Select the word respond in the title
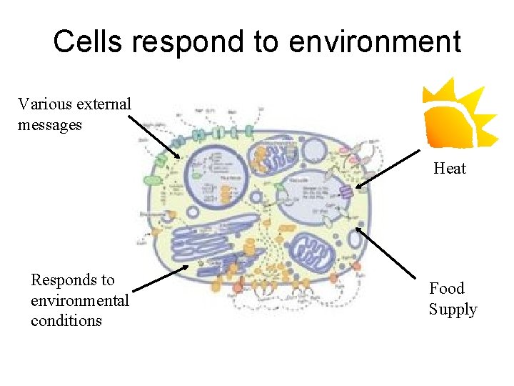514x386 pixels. click(x=188, y=43)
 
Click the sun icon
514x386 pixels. click(x=456, y=113)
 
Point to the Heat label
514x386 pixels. click(x=450, y=169)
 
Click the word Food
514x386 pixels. click(x=447, y=289)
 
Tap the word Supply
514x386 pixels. click(x=453, y=310)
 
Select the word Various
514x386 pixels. click(x=44, y=104)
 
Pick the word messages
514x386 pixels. click(x=50, y=125)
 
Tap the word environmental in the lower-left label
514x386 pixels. click(x=80, y=300)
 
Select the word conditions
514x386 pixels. click(x=66, y=320)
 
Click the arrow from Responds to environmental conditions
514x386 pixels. click(x=161, y=279)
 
